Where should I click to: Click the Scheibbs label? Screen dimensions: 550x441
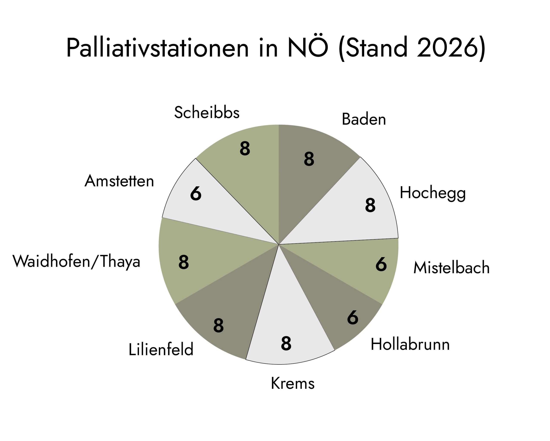207,112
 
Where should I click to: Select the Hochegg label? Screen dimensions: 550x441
433,193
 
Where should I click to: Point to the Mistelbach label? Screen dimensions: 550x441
451,268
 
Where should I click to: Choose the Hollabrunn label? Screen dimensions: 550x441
410,344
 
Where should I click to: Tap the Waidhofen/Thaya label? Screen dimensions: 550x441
76,261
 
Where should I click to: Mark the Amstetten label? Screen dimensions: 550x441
119,181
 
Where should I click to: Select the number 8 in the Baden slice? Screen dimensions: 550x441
309,159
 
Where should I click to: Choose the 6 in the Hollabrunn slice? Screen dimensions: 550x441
353,317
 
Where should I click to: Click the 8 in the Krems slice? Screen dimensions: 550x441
286,343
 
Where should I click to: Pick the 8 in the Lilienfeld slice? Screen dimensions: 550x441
218,325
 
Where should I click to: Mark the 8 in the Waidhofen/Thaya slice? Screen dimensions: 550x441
183,262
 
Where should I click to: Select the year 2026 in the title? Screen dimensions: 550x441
447,48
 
